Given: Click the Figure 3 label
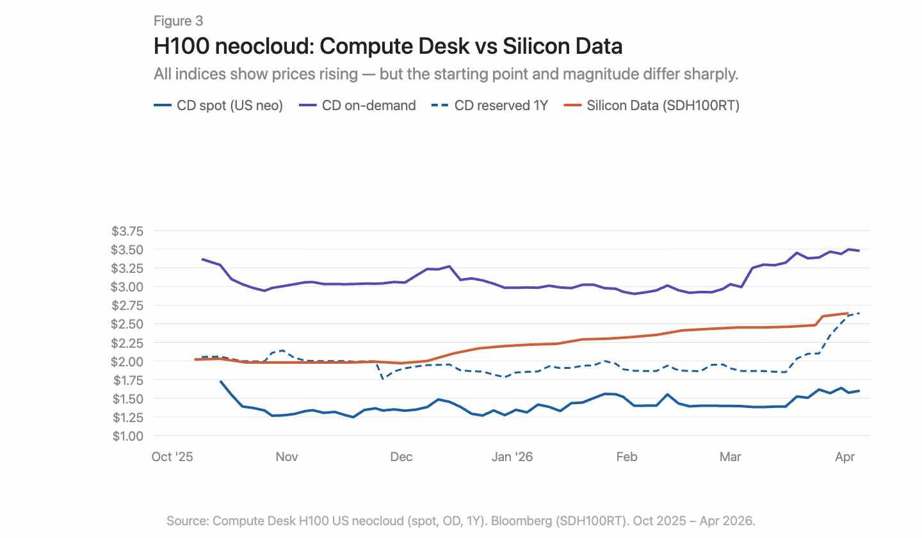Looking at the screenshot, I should tap(178, 21).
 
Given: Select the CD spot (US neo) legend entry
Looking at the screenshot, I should tap(219, 106).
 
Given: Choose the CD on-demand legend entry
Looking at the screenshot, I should tap(358, 106).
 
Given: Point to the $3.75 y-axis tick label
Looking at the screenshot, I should tap(128, 231).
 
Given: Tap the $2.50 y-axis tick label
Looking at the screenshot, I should tap(128, 324).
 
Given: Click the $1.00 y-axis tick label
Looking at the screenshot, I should tap(128, 436).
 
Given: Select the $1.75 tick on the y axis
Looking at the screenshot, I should tap(128, 380).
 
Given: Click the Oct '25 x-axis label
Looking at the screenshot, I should tap(172, 457).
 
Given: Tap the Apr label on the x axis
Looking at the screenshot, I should tap(845, 457).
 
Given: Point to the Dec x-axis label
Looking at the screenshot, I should tap(401, 457).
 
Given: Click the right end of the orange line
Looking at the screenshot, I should tap(848, 313).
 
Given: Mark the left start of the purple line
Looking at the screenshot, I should tap(203, 259).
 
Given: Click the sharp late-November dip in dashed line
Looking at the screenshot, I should tap(383, 379).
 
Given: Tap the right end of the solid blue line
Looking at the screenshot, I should tap(859, 391).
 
